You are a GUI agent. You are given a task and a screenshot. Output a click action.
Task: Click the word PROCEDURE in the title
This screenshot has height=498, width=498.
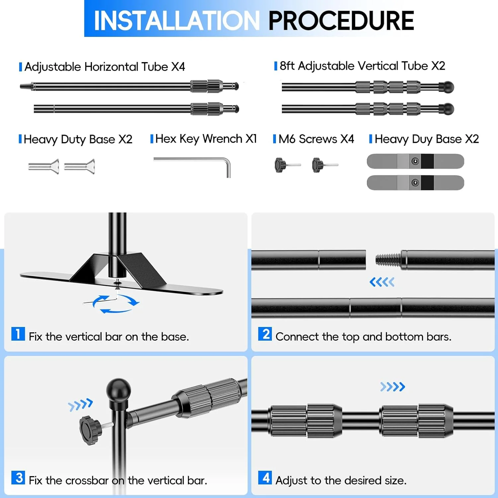(x=341, y=21)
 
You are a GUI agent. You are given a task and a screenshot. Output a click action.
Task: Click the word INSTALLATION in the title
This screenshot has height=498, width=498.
(x=177, y=21)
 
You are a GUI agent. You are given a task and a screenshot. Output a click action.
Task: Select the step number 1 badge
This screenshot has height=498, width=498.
(x=18, y=334)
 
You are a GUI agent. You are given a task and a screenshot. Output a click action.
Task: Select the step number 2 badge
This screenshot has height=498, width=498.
(x=265, y=334)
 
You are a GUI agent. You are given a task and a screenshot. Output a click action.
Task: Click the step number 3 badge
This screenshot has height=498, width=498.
(x=18, y=477)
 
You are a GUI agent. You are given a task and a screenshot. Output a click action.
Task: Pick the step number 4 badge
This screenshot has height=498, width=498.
(x=265, y=477)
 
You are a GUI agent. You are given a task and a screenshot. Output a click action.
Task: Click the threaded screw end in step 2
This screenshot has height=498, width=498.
(x=388, y=259)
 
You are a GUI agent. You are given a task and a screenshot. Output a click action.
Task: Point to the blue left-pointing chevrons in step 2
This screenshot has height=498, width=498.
(x=382, y=282)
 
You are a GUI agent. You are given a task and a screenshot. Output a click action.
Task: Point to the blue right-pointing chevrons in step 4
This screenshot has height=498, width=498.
(x=393, y=387)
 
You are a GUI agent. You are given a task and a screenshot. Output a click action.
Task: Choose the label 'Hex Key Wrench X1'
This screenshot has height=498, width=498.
(x=206, y=139)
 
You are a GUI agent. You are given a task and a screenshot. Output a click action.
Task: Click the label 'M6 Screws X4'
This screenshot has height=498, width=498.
(x=316, y=139)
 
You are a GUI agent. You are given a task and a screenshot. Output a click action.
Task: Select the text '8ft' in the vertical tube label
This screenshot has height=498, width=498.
(x=287, y=66)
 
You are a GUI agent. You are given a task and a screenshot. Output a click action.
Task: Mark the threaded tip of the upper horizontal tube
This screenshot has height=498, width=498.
(x=25, y=87)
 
